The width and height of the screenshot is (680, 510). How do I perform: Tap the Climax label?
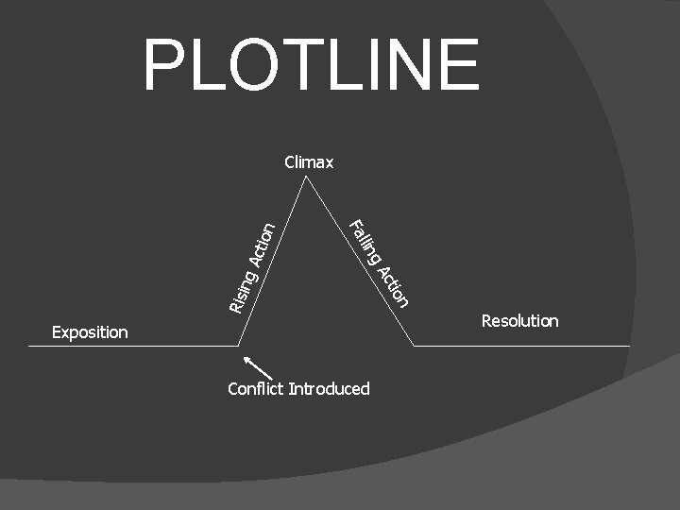(x=309, y=162)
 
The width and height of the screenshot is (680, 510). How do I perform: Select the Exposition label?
(x=90, y=331)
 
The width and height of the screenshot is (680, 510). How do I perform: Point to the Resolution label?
(x=519, y=321)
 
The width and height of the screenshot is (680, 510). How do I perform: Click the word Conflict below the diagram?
(x=256, y=389)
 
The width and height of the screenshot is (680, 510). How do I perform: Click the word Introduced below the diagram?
(x=330, y=389)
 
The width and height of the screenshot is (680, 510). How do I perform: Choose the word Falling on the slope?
(x=365, y=240)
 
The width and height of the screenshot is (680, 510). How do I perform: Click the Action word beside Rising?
(x=262, y=244)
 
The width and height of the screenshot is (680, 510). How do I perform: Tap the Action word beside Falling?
(x=393, y=286)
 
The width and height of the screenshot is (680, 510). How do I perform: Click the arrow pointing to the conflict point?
(x=259, y=367)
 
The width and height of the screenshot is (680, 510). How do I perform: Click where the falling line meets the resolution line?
(x=414, y=346)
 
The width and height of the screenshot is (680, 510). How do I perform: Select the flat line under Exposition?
(x=132, y=346)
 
